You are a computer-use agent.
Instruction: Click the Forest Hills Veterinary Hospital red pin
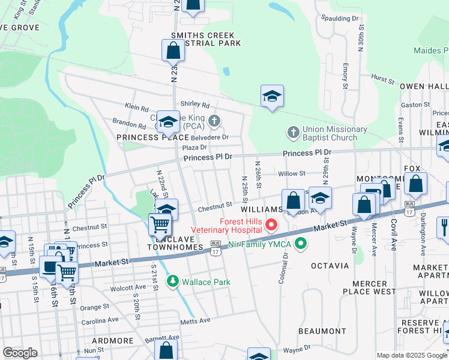pyautogui.click(x=271, y=226)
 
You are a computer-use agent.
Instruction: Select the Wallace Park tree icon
pyautogui.click(x=173, y=280)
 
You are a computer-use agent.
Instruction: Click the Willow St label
pyautogui.click(x=292, y=173)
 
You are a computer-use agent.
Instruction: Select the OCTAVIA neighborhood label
pyautogui.click(x=330, y=265)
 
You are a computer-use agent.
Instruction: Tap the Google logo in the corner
pyautogui.click(x=20, y=353)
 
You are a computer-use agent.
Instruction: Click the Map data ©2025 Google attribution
pyautogui.click(x=412, y=355)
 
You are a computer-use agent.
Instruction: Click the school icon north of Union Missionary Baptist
pyautogui.click(x=272, y=96)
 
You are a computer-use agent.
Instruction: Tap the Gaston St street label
pyautogui.click(x=415, y=104)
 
